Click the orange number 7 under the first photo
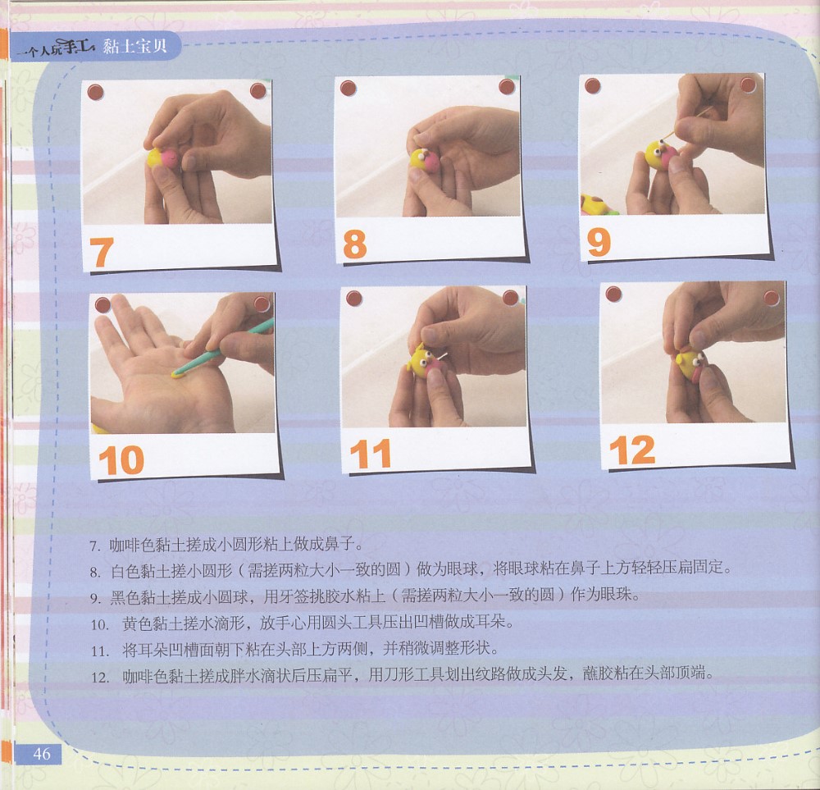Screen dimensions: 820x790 tap(102, 252)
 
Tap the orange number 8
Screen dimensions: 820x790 tap(354, 244)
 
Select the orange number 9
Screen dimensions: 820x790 tap(599, 242)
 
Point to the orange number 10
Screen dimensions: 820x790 tap(121, 460)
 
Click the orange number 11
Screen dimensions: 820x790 tap(371, 454)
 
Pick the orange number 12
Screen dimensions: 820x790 tap(631, 450)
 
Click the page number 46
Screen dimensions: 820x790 tap(42, 753)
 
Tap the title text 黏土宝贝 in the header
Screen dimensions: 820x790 tap(135, 46)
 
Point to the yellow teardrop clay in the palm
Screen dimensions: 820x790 tap(178, 373)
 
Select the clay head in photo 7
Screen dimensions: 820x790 tap(163, 158)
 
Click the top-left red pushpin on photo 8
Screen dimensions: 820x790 tap(348, 88)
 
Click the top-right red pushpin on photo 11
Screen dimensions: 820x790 tap(510, 298)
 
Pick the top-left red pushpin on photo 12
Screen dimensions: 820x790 tap(613, 294)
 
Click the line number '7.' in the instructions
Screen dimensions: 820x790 tap(94, 546)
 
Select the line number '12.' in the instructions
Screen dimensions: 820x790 tap(99, 678)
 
